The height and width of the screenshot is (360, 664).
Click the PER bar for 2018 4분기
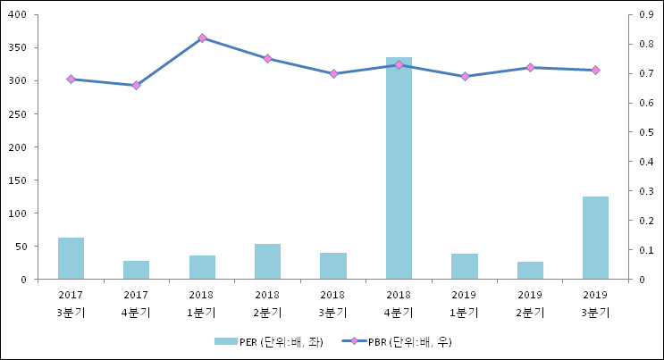coord(399,168)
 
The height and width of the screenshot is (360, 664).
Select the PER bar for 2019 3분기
coord(595,238)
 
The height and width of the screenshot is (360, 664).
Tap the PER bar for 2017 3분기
coord(71,258)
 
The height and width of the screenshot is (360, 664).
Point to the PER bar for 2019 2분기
coord(530,271)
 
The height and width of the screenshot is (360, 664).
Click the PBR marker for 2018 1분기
coord(202,38)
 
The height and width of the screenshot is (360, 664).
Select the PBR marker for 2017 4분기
coord(137,86)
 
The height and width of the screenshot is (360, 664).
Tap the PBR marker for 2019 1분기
coord(465,77)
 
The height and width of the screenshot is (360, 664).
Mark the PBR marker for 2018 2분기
coord(267,59)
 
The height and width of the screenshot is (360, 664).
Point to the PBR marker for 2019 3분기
coord(595,71)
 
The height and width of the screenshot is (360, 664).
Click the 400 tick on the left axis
coord(19,15)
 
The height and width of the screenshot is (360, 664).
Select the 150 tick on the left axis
coord(19,180)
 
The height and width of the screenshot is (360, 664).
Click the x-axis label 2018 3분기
coord(332,304)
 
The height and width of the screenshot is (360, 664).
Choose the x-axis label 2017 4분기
coord(137,304)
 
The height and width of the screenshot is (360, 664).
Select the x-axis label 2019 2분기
coord(530,304)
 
